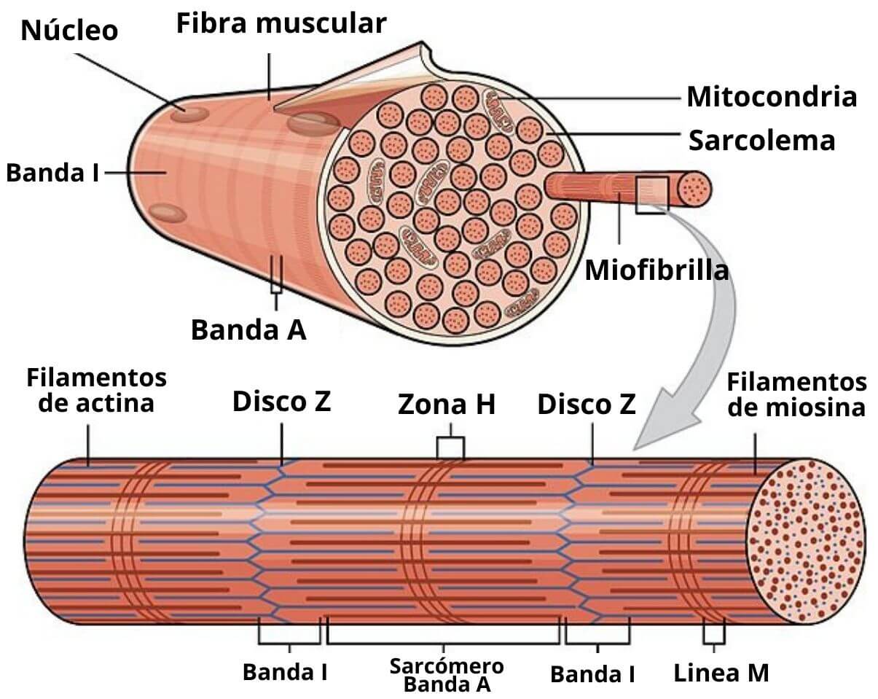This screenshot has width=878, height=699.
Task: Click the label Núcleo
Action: point(70,31)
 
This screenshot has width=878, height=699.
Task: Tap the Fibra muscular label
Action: point(281,24)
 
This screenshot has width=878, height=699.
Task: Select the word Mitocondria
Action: point(772,96)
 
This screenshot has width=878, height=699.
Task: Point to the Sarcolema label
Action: point(761,140)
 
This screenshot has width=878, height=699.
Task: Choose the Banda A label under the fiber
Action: point(248,329)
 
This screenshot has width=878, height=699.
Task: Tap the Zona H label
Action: point(447,405)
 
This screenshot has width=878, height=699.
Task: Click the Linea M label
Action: point(721,672)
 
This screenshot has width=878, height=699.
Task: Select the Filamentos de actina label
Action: point(96,391)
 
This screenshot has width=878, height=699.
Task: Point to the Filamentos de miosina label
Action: point(797,394)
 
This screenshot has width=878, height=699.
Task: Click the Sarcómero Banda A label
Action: point(447,675)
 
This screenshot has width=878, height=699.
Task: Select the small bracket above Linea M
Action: point(714,634)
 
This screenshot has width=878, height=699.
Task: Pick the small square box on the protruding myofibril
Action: point(651,195)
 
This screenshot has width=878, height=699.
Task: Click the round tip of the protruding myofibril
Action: point(694,188)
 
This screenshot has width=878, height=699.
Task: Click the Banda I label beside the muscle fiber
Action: point(52,173)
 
